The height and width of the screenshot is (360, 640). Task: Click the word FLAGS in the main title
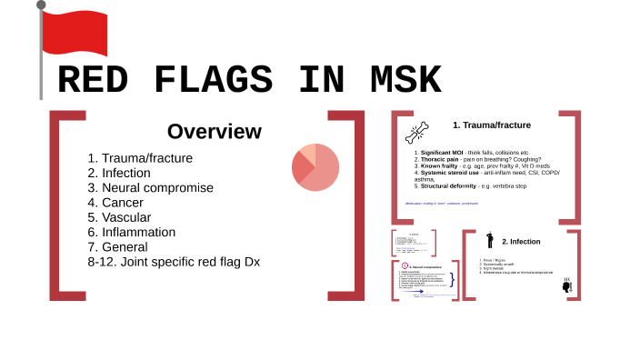214,81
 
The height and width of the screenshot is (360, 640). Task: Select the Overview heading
214,131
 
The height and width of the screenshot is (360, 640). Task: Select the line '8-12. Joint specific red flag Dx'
174,262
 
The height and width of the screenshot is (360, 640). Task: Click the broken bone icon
417,133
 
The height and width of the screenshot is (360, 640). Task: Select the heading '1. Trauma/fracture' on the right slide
492,125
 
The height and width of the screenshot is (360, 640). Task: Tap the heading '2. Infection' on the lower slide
521,242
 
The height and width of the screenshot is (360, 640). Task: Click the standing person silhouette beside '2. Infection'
489,241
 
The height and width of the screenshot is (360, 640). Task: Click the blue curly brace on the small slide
453,278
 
